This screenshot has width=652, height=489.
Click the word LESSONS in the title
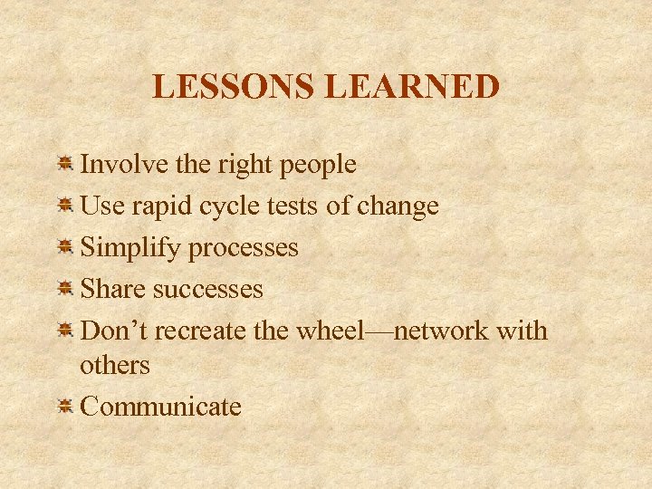tap(234, 87)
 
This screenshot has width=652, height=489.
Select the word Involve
tap(121, 164)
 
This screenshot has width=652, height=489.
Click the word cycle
tap(235, 207)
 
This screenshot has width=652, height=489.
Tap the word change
tap(398, 207)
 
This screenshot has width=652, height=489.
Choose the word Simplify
tap(131, 248)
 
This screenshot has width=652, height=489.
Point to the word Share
tap(113, 289)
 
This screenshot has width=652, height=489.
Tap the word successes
tap(207, 290)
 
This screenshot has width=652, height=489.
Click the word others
tap(115, 365)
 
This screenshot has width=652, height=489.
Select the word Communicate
tap(161, 407)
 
